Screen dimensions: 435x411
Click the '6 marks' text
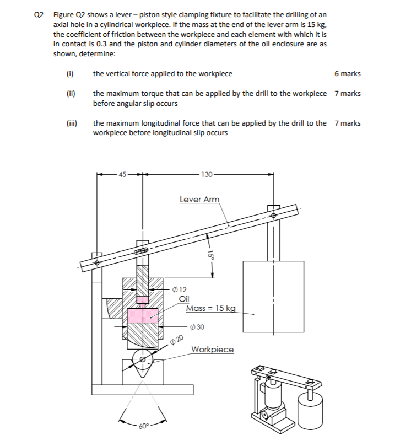click(x=347, y=73)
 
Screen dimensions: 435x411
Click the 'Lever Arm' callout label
click(x=199, y=199)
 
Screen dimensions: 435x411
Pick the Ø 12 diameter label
click(x=179, y=289)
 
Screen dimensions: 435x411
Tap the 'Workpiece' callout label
click(x=212, y=350)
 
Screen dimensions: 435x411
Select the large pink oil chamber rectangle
click(x=142, y=315)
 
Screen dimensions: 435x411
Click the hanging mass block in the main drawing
click(x=273, y=295)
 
